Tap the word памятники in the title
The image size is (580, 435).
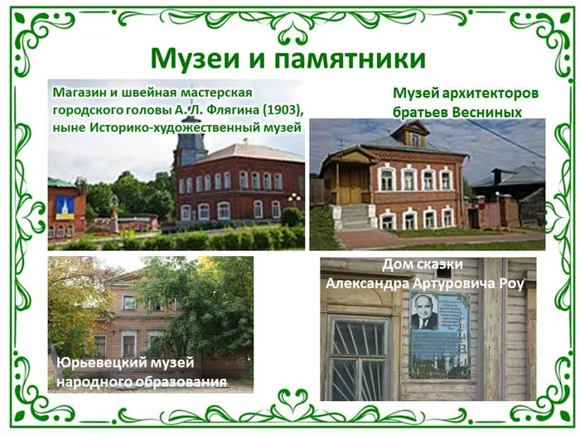pos(347,58)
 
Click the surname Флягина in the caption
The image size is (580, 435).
pos(225,109)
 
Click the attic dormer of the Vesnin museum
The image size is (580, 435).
pos(412,136)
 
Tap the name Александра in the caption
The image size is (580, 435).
pos(365,283)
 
